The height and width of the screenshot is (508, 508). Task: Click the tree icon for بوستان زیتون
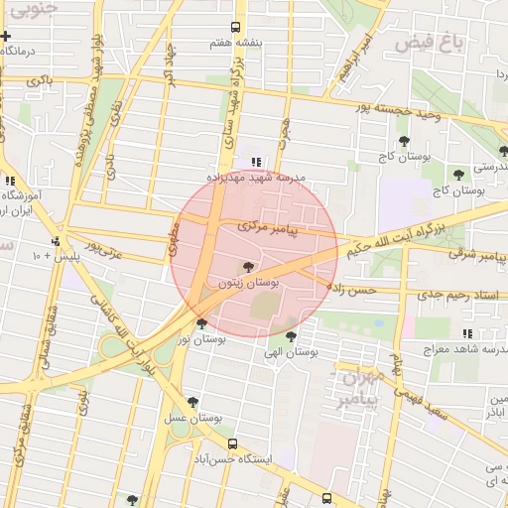(247, 267)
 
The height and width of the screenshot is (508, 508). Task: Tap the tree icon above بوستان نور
(202, 323)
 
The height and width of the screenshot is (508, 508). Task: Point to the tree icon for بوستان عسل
(192, 402)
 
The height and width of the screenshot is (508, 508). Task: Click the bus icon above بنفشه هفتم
(235, 28)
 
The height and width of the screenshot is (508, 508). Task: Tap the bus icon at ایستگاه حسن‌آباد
(232, 444)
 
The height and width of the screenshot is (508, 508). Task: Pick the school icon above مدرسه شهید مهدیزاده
(256, 161)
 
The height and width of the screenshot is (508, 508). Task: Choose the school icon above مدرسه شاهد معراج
(466, 334)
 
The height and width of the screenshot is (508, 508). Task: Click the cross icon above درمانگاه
(6, 36)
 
